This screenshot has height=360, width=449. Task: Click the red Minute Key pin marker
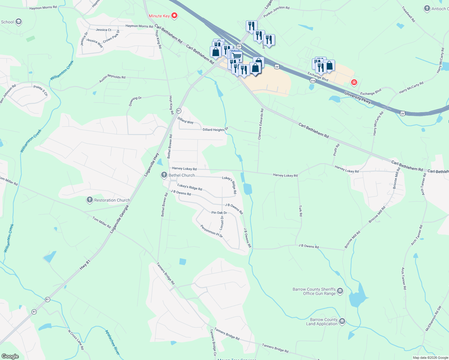point(174,16)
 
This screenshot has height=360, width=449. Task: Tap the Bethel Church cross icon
point(164,175)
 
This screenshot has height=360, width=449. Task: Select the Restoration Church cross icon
point(89,200)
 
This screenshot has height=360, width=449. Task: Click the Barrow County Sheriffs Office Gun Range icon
point(340,291)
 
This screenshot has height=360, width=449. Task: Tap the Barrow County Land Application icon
point(342,322)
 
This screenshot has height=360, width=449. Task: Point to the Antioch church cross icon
point(427,8)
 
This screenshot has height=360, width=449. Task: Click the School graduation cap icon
point(19,22)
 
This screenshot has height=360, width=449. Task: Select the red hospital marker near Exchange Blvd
point(354,82)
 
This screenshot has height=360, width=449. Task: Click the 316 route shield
point(313,80)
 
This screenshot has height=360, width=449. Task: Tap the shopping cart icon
point(237,56)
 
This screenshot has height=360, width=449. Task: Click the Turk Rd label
point(300,211)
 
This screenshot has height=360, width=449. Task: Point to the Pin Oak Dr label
point(219,213)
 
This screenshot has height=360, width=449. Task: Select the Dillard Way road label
point(185,121)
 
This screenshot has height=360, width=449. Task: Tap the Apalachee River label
point(112,342)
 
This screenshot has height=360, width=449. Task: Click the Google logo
point(10,356)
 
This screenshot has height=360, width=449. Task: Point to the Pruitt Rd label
point(336,150)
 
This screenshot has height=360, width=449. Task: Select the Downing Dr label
point(135,101)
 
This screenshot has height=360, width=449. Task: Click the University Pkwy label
point(357,98)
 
